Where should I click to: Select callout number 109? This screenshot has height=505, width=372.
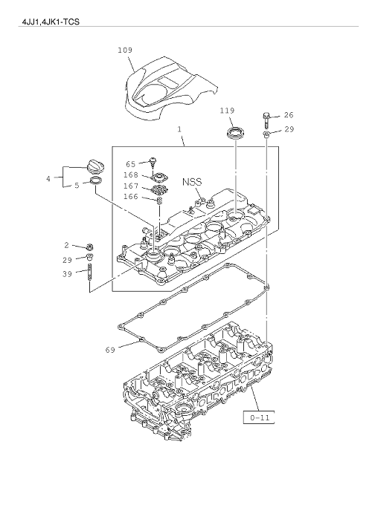pos(125,50)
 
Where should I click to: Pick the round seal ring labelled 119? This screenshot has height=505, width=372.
pos(236,134)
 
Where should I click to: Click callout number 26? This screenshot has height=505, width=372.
pos(289,115)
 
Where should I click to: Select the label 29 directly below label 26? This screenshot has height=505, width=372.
pos(289,130)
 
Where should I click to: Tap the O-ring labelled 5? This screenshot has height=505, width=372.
pos(96,181)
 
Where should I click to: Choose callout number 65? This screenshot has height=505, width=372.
pos(131,163)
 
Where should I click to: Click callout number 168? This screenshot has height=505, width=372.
pos(131,175)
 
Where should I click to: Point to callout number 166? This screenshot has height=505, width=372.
pos(131,197)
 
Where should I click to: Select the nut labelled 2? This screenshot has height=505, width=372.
pos(89,246)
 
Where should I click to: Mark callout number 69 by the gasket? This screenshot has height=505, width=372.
pos(110,348)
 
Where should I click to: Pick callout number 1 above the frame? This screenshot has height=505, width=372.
pos(179,130)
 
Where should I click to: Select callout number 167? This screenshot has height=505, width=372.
pos(131,186)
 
